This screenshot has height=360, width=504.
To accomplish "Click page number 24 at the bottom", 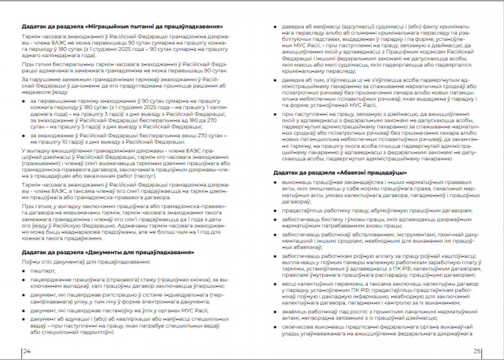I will [27, 351].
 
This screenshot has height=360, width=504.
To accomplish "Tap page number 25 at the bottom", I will [477, 351].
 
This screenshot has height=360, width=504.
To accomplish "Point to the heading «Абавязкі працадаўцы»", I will [340, 173].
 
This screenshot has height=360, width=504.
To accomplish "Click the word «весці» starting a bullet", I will [289, 284].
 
